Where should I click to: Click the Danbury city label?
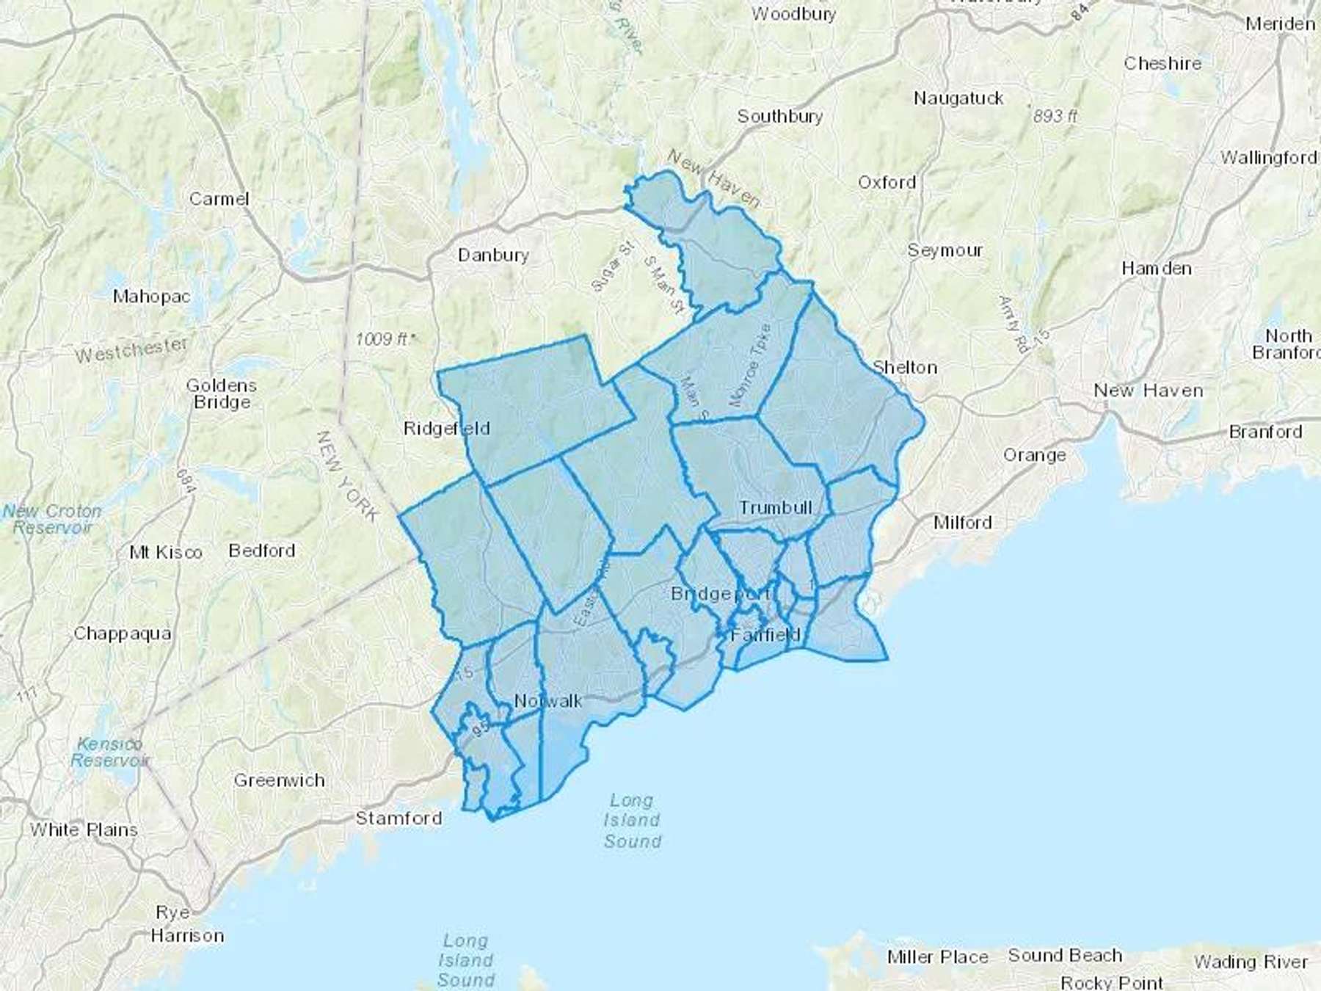click(x=493, y=255)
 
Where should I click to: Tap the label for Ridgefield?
click(x=446, y=428)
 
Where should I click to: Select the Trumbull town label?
click(x=776, y=507)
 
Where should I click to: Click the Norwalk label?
click(x=548, y=701)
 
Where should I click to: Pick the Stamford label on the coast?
click(x=399, y=818)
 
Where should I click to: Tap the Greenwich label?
click(x=279, y=780)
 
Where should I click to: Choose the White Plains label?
click(x=84, y=830)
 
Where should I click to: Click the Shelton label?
click(x=905, y=367)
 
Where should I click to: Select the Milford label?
click(x=962, y=522)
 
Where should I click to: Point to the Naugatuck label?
click(x=958, y=98)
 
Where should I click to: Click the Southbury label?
click(x=779, y=116)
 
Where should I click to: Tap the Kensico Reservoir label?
click(x=109, y=752)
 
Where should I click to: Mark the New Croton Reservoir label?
click(x=52, y=519)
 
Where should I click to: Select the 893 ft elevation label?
click(x=1055, y=116)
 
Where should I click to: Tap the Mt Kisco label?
click(x=165, y=552)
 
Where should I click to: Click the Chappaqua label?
click(x=123, y=634)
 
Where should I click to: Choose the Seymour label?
click(x=945, y=250)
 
